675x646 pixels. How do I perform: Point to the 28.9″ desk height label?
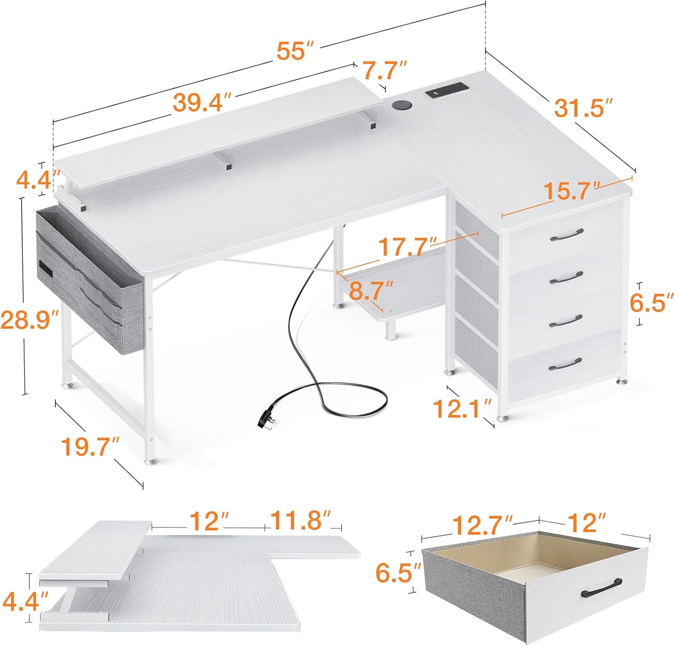click(x=30, y=320)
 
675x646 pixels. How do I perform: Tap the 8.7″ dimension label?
click(x=371, y=291)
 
